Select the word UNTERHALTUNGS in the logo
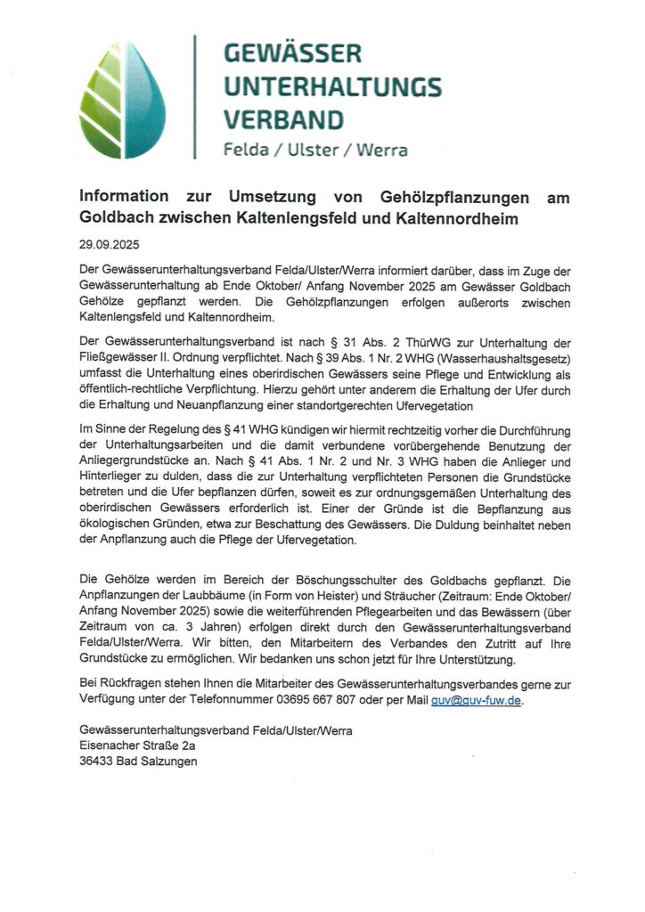coord(331,86)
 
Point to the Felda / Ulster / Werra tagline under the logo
coord(315,150)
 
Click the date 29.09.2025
coord(104,243)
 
